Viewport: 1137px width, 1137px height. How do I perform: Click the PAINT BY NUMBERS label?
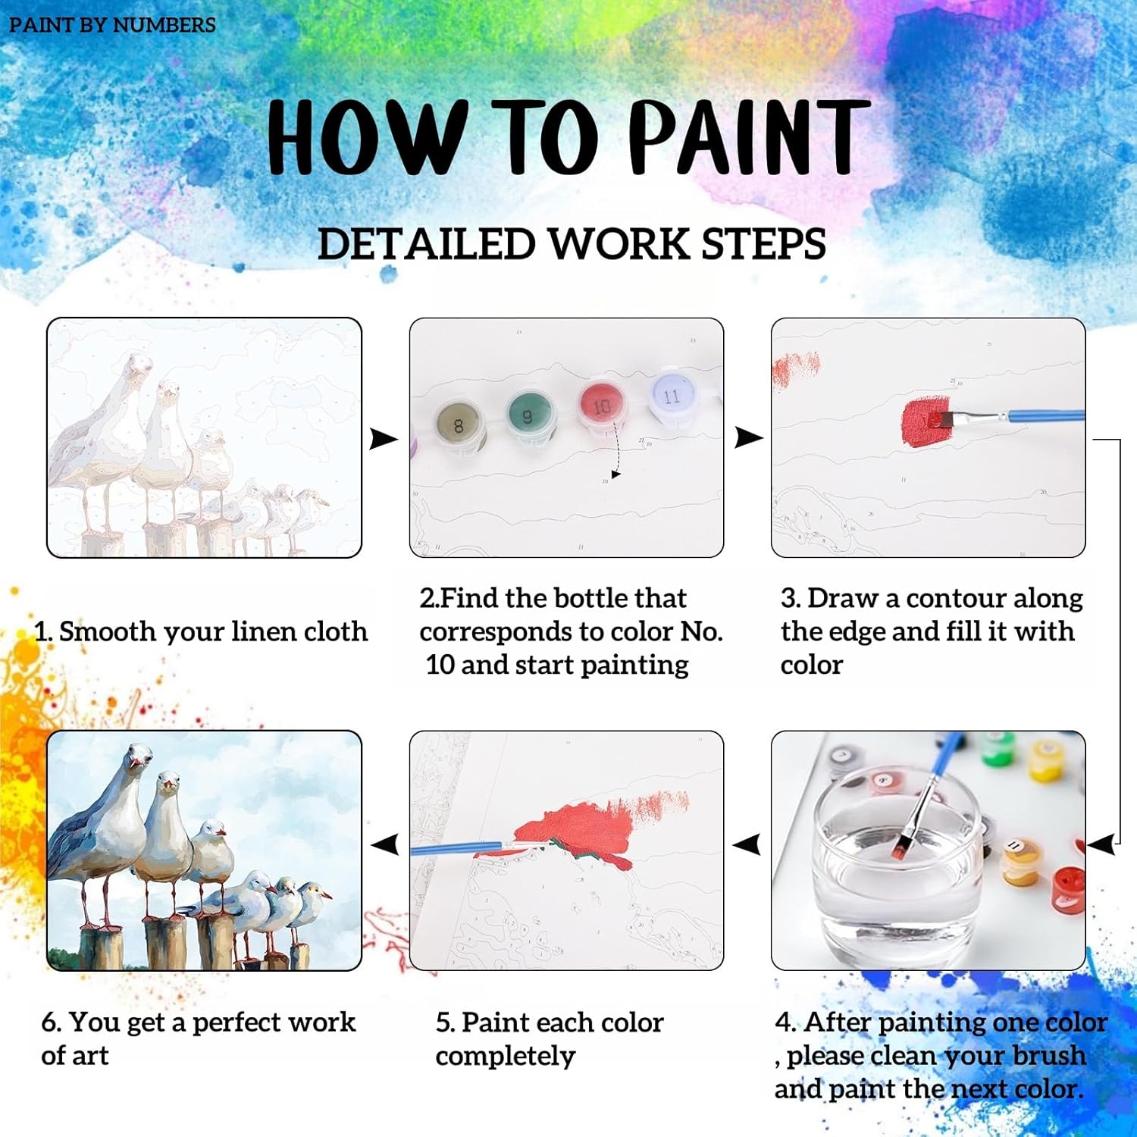coord(112,25)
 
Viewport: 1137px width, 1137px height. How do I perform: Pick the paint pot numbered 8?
coord(459,426)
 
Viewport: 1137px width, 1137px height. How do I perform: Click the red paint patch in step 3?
coord(926,421)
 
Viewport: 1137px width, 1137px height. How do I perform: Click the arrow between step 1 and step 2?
coord(384,438)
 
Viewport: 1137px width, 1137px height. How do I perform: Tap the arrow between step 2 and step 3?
coord(748,437)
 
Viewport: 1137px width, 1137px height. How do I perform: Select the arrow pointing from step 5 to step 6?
coord(385,844)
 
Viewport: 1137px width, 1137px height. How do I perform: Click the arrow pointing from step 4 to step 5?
coord(747,844)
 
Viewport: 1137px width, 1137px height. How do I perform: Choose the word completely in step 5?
coord(506,1057)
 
